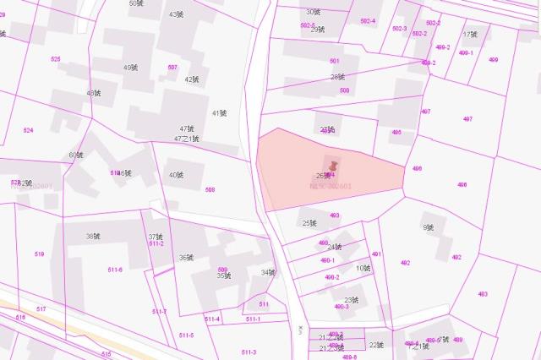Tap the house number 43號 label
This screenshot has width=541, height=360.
(x=176, y=14)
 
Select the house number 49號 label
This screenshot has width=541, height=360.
(x=130, y=68)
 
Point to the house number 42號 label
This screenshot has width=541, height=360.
(x=192, y=79)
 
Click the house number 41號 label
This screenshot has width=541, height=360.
(x=219, y=113)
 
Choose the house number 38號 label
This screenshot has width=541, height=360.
(x=93, y=236)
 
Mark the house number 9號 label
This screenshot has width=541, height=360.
(x=428, y=227)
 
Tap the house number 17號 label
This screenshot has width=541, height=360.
(x=470, y=35)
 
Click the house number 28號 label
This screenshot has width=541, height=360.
(x=337, y=77)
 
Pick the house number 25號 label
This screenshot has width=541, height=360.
(x=309, y=223)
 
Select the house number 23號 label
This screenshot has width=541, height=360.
(x=352, y=300)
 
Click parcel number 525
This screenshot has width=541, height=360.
(x=56, y=58)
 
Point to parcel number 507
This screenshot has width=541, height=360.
(x=173, y=67)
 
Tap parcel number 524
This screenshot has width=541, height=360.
(x=28, y=130)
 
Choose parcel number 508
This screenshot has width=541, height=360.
(x=210, y=189)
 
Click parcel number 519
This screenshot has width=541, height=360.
(x=40, y=254)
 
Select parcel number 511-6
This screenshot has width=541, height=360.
(x=115, y=270)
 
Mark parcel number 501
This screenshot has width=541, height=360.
(x=334, y=61)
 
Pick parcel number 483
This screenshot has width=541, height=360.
(x=482, y=294)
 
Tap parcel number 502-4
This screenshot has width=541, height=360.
(x=368, y=20)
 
